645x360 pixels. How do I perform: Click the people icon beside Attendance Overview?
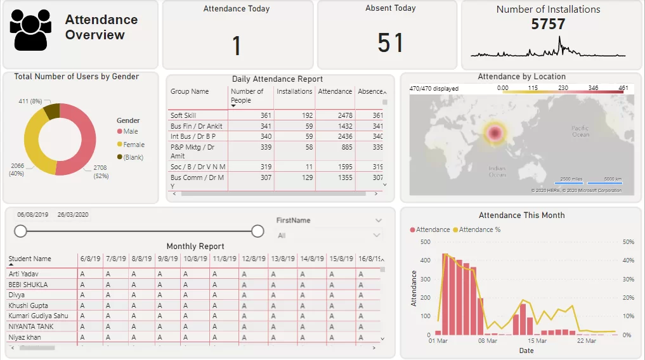tap(30, 30)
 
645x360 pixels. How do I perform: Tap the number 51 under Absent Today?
tap(390, 43)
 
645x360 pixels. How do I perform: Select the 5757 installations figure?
tap(548, 24)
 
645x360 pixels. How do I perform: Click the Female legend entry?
tap(134, 145)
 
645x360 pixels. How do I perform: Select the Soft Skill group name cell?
tap(183, 115)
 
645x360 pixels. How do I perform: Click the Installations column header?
tap(294, 91)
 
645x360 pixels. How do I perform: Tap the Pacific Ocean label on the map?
tap(580, 131)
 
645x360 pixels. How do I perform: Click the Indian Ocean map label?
tap(497, 171)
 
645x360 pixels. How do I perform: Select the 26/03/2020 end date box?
tap(73, 215)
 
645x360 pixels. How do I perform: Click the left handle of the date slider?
tap(20, 231)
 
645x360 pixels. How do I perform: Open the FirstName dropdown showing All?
tap(329, 235)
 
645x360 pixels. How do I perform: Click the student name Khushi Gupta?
tap(27, 305)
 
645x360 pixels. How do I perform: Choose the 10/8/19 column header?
tap(193, 259)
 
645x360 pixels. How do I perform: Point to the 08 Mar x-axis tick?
tap(487, 341)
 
